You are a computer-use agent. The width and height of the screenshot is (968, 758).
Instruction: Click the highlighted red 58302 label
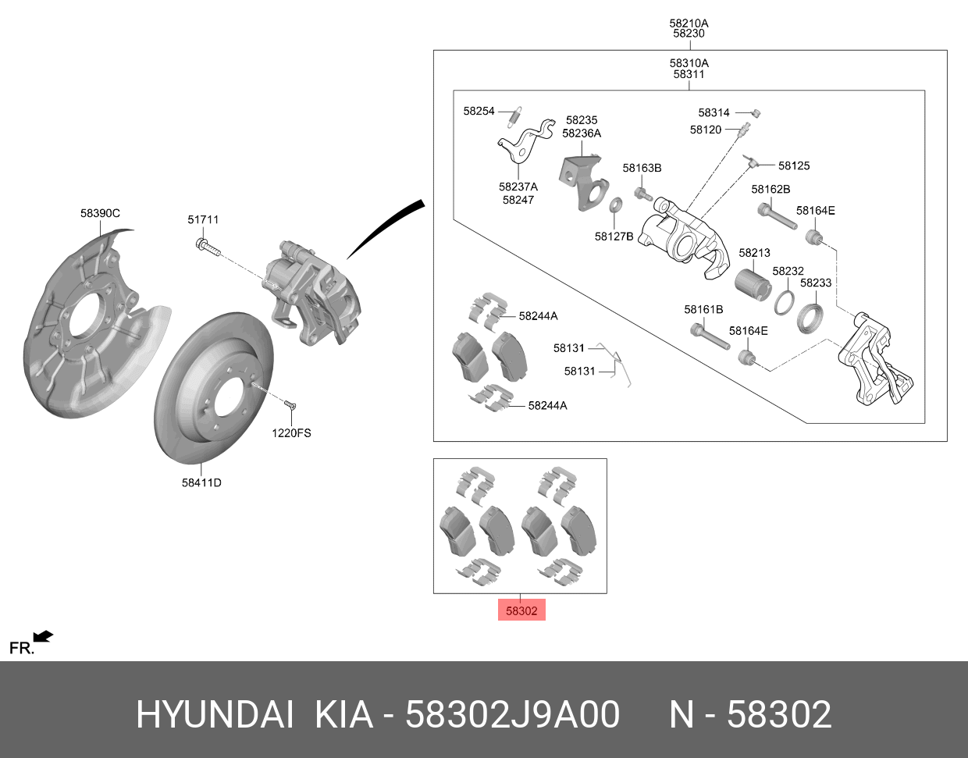coord(521,610)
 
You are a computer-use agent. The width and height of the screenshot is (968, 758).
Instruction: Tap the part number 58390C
coord(100,213)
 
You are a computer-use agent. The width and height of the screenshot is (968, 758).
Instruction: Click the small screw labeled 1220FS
coord(290,404)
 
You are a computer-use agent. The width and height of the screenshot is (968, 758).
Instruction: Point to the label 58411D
coord(201,482)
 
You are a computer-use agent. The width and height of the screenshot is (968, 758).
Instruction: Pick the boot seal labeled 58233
coord(810,316)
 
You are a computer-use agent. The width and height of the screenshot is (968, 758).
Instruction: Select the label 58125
coord(794,165)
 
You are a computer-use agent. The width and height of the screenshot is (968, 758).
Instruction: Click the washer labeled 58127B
coord(615,205)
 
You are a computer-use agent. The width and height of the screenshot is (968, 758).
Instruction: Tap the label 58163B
coord(642,168)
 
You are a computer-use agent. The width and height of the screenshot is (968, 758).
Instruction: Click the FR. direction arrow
coord(43,638)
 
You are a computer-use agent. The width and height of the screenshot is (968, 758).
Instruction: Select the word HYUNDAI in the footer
coord(215,714)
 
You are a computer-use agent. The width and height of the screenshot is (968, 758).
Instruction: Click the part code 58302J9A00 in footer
coord(512,714)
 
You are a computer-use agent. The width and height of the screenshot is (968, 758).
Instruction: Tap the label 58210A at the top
coord(689,23)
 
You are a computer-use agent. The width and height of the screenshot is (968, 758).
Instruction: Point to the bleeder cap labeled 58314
coord(755,113)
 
